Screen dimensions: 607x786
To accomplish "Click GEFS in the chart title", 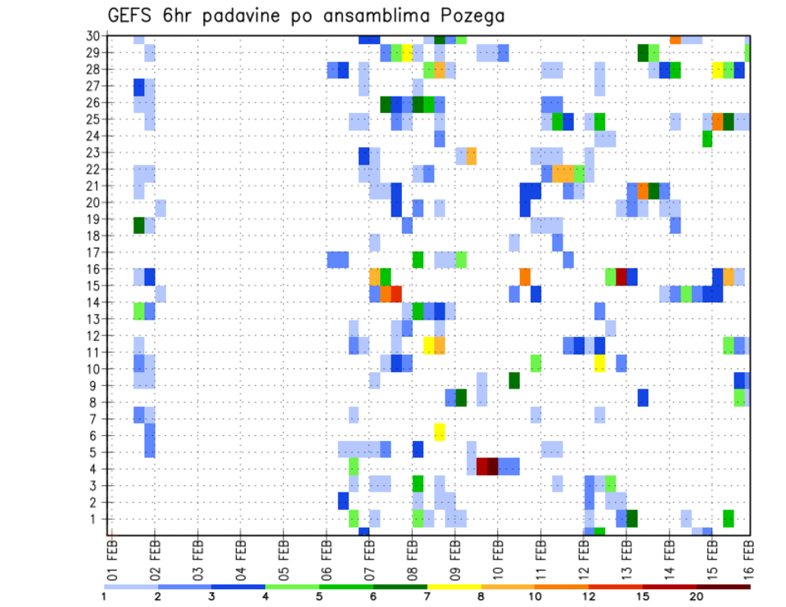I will tap(133, 16).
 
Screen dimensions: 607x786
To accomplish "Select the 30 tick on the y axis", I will tap(93, 36).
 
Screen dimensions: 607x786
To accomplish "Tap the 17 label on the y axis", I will tap(93, 252).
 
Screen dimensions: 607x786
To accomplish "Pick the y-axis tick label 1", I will tap(96, 519).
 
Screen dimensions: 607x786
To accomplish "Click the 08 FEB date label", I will tap(410, 560).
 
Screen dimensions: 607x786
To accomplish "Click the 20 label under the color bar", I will tap(696, 597).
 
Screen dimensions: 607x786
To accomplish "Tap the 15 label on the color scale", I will tap(642, 597).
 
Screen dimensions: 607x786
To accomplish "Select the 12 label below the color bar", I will tap(588, 597).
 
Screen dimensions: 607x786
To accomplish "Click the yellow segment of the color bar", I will tap(454, 587).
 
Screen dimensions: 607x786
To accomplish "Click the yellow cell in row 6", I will tap(439, 432).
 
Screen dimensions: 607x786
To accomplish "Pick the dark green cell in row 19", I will tap(139, 224).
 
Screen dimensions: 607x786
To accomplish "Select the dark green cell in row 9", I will tap(514, 380).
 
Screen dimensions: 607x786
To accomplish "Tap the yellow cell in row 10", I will tap(599, 362).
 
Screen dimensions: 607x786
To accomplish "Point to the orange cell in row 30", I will tap(675, 38).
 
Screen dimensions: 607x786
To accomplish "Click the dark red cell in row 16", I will tap(621, 276).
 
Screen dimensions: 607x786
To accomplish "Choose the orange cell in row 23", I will tap(471, 155).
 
